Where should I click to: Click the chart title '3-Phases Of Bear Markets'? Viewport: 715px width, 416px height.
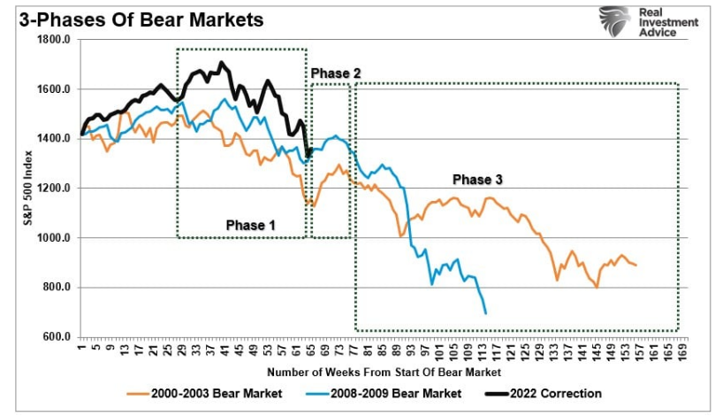tap(135, 19)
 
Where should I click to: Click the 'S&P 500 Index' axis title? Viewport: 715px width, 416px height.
tap(28, 189)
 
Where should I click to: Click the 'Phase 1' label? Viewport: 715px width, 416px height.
tap(250, 225)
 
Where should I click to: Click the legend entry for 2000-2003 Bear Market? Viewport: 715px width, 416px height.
tap(206, 393)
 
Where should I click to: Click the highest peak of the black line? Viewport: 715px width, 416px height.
tap(221, 63)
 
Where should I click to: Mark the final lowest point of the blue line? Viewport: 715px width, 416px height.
tap(486, 312)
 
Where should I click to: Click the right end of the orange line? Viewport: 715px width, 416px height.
tap(635, 265)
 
